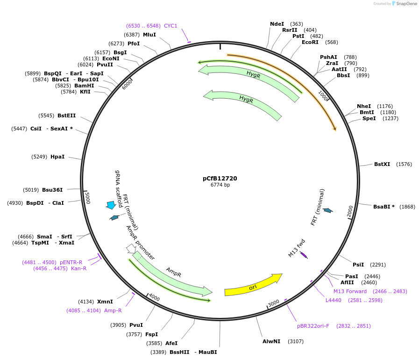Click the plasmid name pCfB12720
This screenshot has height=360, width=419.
[220, 178]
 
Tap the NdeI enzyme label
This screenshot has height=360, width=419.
[277, 24]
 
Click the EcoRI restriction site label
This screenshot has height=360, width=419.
[310, 42]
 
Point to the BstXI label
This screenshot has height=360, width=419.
[382, 164]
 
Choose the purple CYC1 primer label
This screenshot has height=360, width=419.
[170, 26]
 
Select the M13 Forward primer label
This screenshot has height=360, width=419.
[350, 291]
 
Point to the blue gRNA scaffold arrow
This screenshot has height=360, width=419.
[111, 205]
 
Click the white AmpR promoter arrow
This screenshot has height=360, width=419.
[130, 248]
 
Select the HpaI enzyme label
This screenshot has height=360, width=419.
[57, 157]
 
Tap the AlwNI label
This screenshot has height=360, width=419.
[271, 341]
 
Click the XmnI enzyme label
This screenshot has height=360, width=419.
[105, 302]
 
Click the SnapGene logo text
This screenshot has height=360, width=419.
[405, 4]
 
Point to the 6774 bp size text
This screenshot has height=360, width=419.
[220, 185]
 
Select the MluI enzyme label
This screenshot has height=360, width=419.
[149, 35]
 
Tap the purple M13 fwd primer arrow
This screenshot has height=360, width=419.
[304, 255]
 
